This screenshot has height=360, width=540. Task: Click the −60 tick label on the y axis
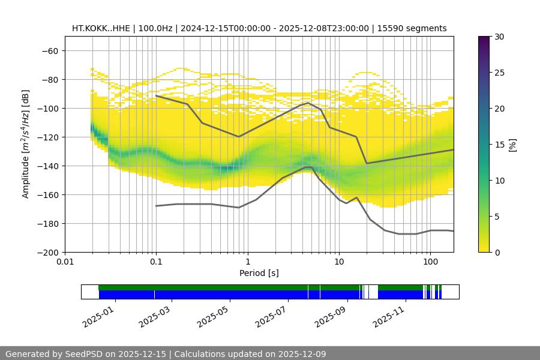[50, 50]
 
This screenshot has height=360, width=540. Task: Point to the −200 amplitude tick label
[48, 252]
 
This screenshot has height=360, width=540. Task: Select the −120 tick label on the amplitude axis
[48, 137]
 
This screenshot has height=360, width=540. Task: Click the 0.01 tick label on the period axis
[65, 262]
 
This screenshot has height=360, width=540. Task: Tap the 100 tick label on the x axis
[430, 262]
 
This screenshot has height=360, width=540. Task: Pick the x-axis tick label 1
[247, 262]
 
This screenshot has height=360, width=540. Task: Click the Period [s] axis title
[259, 273]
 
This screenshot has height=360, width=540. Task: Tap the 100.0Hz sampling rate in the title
[155, 28]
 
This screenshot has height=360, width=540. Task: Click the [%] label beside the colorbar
[512, 145]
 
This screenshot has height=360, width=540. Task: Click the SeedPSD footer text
[166, 354]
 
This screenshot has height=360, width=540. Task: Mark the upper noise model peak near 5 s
[308, 103]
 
